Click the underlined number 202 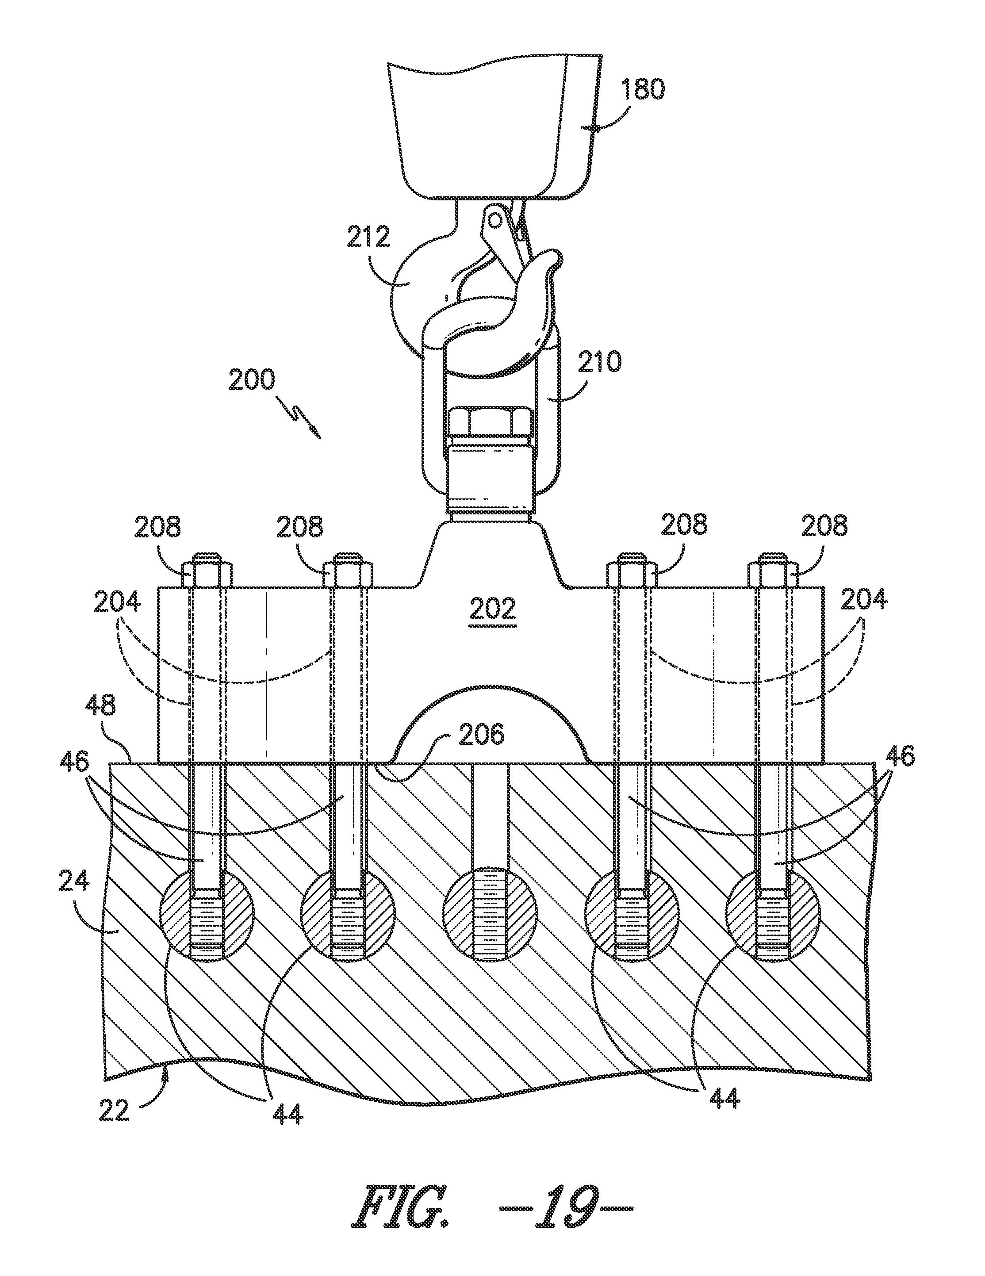click(495, 609)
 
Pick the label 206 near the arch click(481, 734)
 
